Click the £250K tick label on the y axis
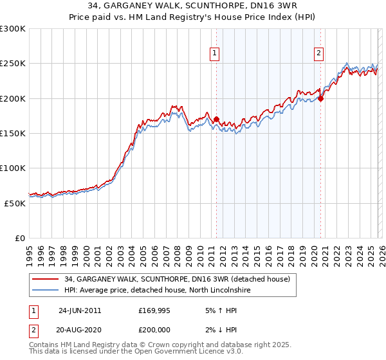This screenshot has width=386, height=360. [14, 64]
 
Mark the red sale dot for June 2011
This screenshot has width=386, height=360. [216, 119]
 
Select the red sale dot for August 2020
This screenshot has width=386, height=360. [320, 98]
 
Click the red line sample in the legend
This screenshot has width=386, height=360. [46, 280]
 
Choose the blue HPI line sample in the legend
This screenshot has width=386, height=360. [46, 291]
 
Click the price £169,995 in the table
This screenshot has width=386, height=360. [156, 310]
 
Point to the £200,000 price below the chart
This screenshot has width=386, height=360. [156, 330]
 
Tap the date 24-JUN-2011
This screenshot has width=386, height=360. [80, 310]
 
